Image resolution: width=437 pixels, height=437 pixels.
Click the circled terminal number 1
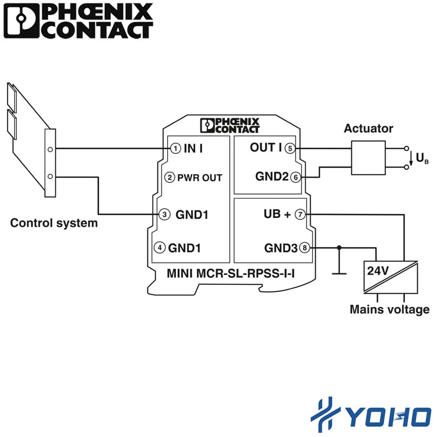[175, 148]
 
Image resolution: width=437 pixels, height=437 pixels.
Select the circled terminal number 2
[170, 177]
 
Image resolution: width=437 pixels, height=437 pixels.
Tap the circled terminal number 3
[164, 214]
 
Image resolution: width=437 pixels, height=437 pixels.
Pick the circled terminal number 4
[160, 248]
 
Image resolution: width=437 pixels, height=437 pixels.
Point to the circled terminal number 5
[290, 148]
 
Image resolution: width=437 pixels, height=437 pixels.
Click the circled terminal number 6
[295, 177]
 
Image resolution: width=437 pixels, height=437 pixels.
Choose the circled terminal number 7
[300, 214]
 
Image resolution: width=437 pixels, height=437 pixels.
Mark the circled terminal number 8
[305, 248]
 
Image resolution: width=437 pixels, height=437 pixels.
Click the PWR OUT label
[199, 178]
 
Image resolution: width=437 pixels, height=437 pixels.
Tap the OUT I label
[266, 147]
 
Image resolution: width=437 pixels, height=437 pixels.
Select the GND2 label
[272, 177]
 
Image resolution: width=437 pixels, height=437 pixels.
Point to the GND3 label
[281, 248]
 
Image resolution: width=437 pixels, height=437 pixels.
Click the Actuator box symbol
[368, 158]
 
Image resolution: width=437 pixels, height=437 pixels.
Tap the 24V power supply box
[390, 277]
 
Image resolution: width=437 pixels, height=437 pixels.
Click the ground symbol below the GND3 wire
[339, 274]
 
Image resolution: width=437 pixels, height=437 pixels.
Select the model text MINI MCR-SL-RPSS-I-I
[231, 273]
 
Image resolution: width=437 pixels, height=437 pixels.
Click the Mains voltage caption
[389, 309]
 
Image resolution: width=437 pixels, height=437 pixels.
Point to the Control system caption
[54, 223]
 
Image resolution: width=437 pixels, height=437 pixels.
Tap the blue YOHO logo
[371, 415]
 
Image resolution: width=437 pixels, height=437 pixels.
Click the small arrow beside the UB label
[411, 158]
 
